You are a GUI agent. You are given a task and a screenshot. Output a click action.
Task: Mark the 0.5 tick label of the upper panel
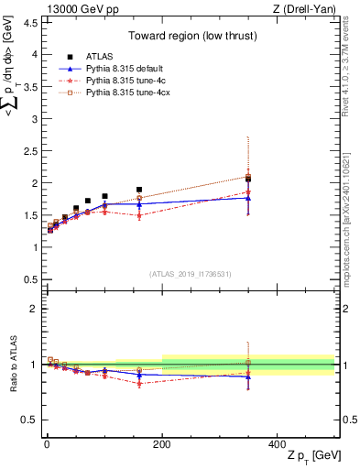29,279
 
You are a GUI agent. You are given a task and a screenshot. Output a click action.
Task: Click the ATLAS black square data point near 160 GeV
139,190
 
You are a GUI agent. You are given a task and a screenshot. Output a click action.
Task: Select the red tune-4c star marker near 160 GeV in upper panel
139,215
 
